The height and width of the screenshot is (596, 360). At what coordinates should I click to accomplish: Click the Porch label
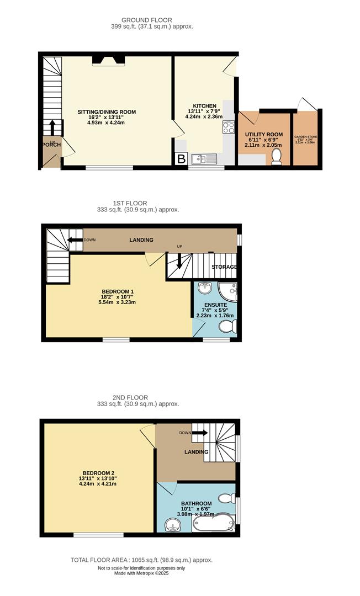click(x=51, y=145)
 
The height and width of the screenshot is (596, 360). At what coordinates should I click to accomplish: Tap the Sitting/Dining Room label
click(x=106, y=112)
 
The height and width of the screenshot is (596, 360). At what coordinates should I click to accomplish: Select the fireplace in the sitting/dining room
click(x=106, y=60)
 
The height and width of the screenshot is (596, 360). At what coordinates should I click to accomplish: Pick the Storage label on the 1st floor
click(x=224, y=267)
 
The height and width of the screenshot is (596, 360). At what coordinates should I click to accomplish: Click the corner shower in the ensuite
click(x=227, y=290)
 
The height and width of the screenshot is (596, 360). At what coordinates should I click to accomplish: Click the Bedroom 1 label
click(x=118, y=291)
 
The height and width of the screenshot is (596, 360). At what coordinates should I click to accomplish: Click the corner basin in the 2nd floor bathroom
click(x=171, y=525)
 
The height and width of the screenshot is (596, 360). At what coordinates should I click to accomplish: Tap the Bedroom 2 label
click(x=98, y=473)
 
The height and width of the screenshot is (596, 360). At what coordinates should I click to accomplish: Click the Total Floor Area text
click(x=141, y=560)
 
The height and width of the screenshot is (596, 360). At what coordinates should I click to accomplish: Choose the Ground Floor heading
click(x=139, y=20)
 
